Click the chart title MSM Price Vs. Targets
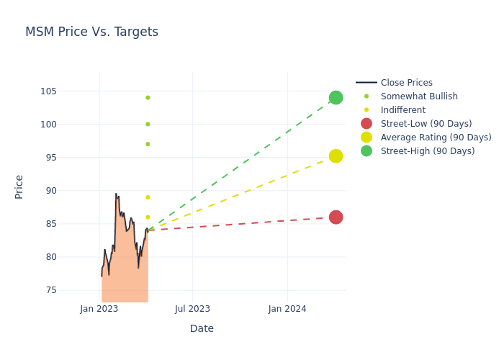(x=91, y=32)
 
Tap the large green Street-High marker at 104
(x=336, y=98)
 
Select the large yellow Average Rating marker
(x=336, y=156)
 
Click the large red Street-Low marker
(x=336, y=217)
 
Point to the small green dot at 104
(x=148, y=98)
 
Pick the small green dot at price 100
(x=148, y=124)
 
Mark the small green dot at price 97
(x=148, y=144)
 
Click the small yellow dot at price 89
(x=148, y=197)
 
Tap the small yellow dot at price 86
(x=148, y=217)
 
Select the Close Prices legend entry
(x=394, y=83)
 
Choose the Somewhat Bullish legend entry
(x=407, y=96)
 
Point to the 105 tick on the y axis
(x=48, y=91)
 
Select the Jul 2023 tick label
(x=192, y=309)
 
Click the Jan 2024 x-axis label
(x=287, y=309)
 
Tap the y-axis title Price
(x=19, y=187)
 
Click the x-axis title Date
(x=202, y=328)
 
